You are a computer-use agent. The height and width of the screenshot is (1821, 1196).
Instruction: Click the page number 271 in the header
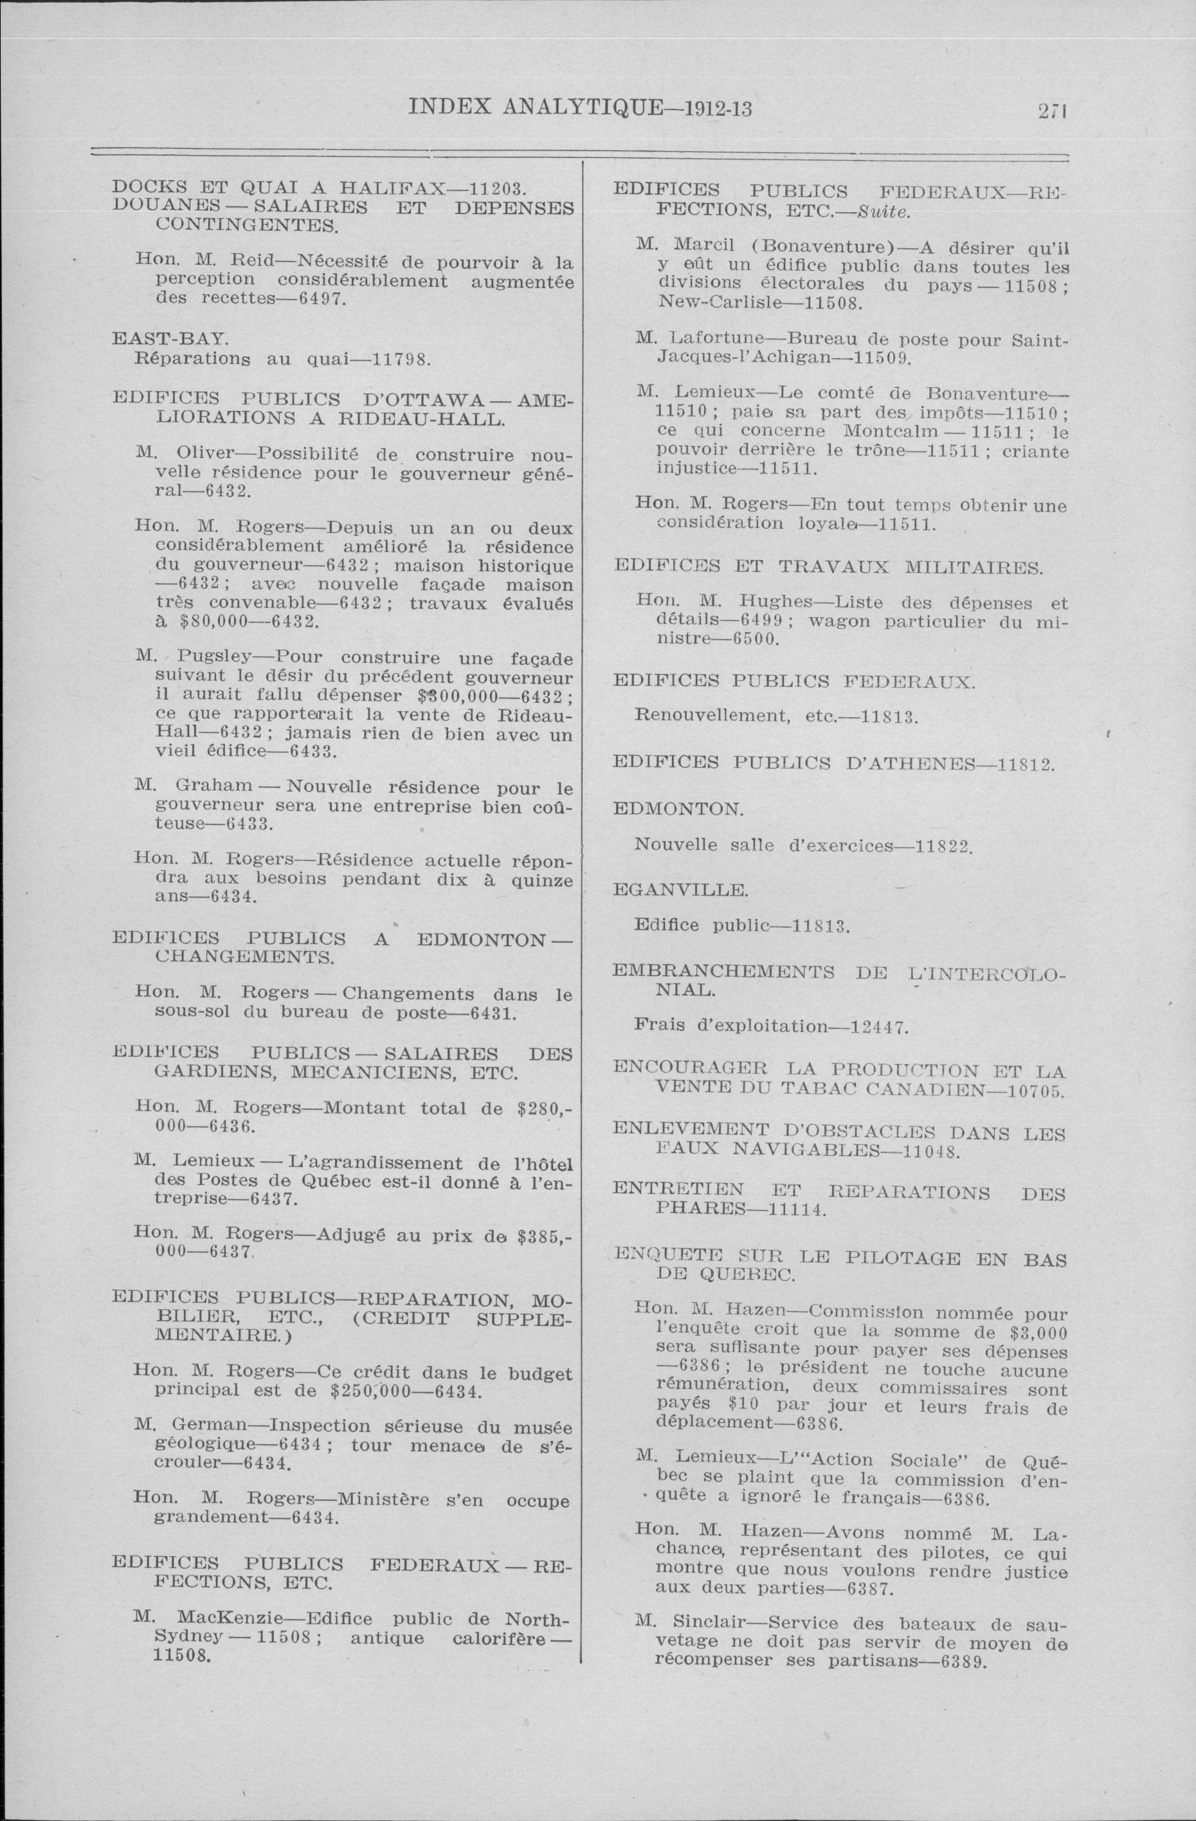tap(1052, 110)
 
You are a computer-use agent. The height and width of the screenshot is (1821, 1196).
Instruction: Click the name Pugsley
tap(218, 657)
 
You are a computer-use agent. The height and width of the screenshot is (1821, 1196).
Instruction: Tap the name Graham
tap(214, 786)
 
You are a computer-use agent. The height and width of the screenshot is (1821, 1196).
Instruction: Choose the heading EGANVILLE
tap(680, 889)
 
